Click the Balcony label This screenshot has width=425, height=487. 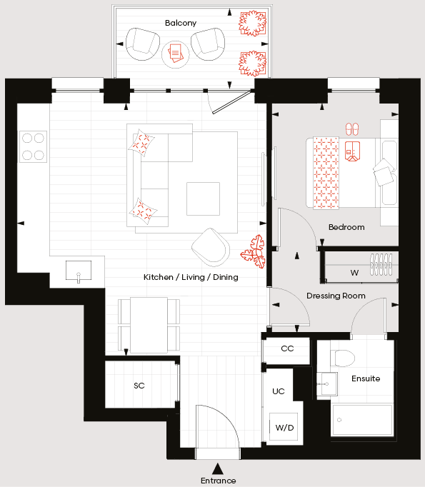[181, 23]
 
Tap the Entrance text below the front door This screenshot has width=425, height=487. [218, 481]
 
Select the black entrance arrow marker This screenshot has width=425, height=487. [218, 468]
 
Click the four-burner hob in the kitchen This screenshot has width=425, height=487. [34, 146]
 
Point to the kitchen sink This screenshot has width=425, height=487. [79, 271]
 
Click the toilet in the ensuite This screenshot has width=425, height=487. [343, 358]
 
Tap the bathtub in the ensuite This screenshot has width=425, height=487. [363, 420]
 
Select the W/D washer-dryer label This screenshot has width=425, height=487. [284, 428]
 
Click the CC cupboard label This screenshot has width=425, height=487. [287, 348]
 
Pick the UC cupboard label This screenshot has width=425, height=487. [279, 391]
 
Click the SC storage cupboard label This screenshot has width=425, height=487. [139, 386]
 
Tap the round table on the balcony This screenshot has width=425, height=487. [175, 54]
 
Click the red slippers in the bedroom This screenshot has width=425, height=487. [352, 129]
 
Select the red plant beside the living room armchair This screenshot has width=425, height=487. [254, 251]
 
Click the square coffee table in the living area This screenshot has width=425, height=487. [203, 199]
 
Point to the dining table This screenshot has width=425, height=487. [149, 325]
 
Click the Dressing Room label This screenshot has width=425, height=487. [336, 296]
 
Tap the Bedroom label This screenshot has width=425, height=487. [346, 227]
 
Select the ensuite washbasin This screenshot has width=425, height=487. [327, 384]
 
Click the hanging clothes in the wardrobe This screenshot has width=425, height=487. [381, 264]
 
